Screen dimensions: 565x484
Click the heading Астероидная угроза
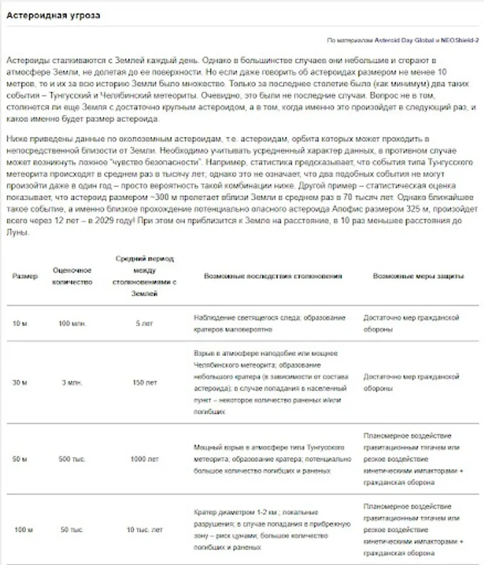[53, 16]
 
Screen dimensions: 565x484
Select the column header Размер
[25, 276]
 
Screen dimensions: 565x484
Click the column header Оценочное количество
[72, 276]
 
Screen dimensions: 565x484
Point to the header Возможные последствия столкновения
[273, 276]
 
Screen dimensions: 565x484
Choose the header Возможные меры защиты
[419, 276]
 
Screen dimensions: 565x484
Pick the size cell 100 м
[22, 530]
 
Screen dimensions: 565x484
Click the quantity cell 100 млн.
[72, 323]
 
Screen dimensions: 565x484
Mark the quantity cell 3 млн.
[72, 382]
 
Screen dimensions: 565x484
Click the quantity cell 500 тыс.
[72, 459]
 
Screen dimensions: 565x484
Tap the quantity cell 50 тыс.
[72, 530]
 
